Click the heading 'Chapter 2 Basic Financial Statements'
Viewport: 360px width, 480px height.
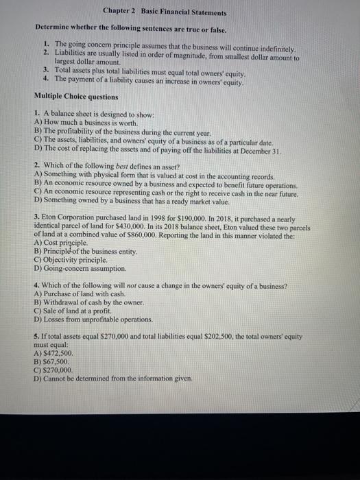click(x=165, y=12)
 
